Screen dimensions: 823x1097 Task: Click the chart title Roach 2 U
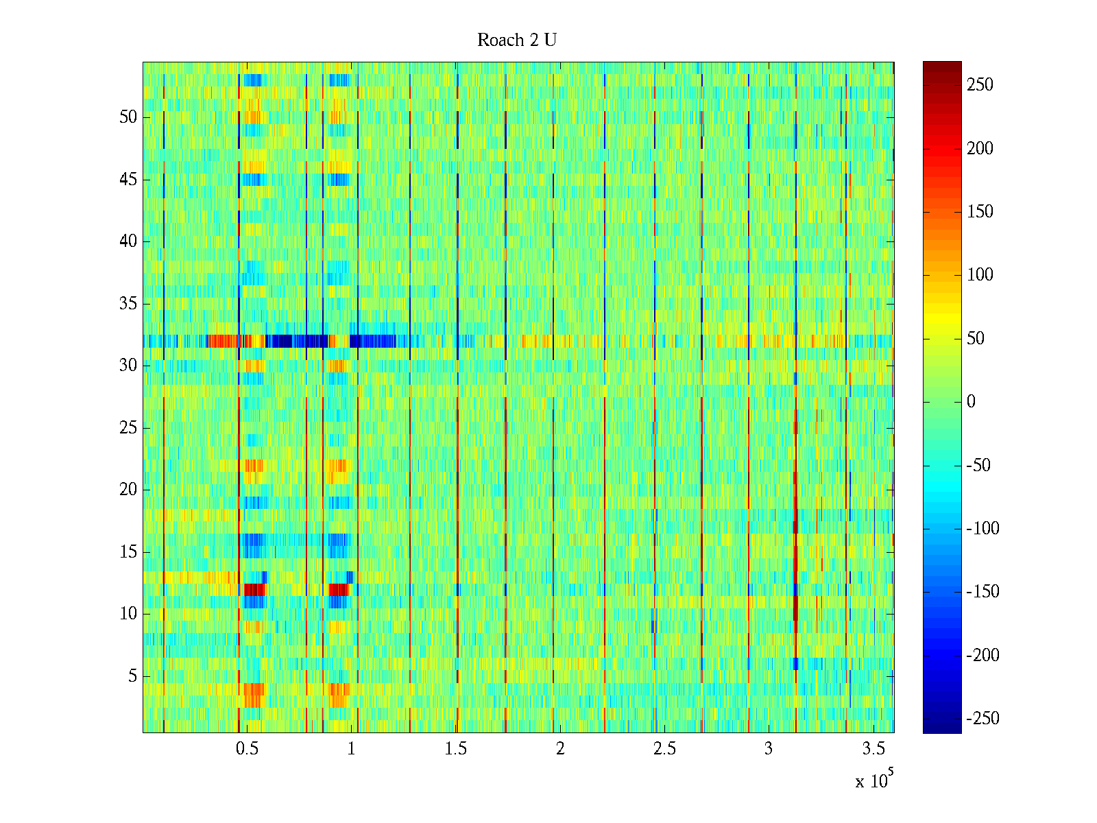(x=516, y=40)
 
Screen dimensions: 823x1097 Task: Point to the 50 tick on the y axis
(x=128, y=117)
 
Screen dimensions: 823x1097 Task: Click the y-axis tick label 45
(x=128, y=180)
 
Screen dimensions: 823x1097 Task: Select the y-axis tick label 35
(x=128, y=304)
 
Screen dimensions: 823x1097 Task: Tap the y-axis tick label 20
(x=128, y=490)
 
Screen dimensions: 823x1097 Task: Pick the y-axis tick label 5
(x=132, y=676)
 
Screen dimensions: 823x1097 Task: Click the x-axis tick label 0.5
(x=247, y=749)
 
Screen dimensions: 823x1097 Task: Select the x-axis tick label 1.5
(x=456, y=749)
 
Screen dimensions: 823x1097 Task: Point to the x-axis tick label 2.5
(x=664, y=749)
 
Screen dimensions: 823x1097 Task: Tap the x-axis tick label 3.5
(x=873, y=749)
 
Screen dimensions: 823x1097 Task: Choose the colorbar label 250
(x=980, y=85)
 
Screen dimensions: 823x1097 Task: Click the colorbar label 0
(x=971, y=402)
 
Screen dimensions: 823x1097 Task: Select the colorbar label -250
(x=983, y=719)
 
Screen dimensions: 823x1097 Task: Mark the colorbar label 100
(x=980, y=275)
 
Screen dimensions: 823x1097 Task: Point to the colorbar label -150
(x=983, y=592)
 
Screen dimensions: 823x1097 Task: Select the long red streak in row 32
(x=223, y=341)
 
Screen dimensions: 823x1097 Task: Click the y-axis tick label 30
(x=128, y=366)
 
